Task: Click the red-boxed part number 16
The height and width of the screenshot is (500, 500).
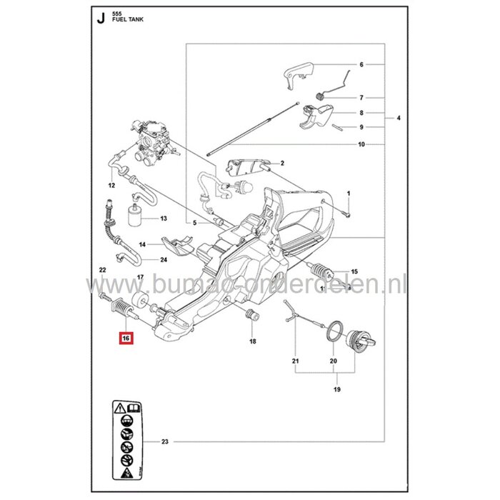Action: click(x=126, y=339)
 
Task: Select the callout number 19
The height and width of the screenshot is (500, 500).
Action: click(x=336, y=389)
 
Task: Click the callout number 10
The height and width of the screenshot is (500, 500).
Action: click(x=362, y=144)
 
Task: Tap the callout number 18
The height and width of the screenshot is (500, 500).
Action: click(x=252, y=342)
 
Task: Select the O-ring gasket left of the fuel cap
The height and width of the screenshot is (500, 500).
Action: click(x=333, y=334)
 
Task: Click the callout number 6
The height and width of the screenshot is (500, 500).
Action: click(x=362, y=64)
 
